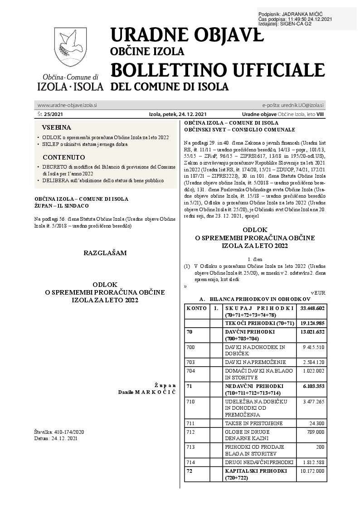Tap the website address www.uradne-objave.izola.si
coord(67,105)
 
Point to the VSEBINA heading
coord(57,127)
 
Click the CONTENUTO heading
coord(63,157)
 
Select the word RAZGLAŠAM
coord(105,252)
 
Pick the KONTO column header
coord(196,308)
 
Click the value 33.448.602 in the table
coord(312,308)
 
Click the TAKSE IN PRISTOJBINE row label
coord(253,423)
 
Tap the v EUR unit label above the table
coord(318,292)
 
